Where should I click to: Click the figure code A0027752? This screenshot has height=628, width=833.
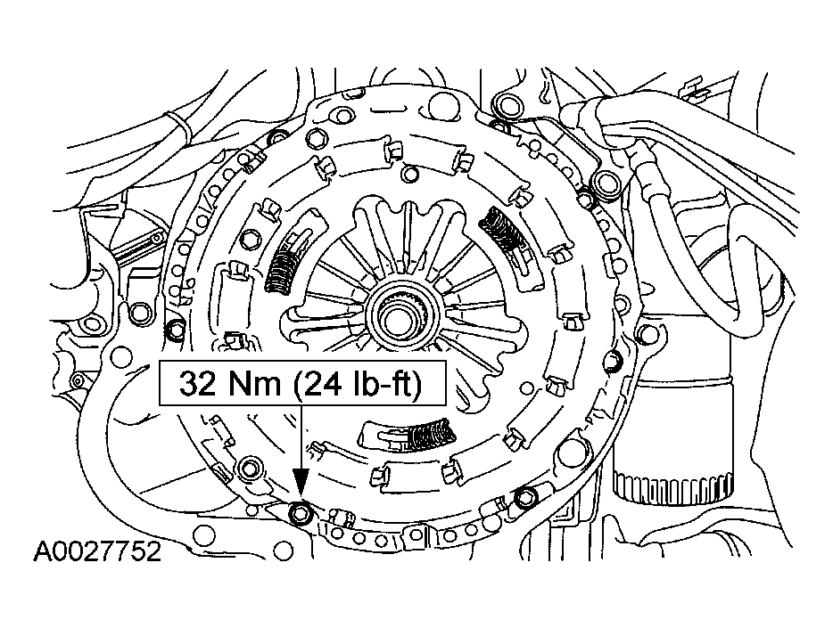[98, 553]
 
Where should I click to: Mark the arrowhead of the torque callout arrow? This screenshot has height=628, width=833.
[301, 489]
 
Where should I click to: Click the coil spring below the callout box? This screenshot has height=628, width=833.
[428, 436]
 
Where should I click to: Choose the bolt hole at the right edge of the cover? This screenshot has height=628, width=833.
[612, 362]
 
